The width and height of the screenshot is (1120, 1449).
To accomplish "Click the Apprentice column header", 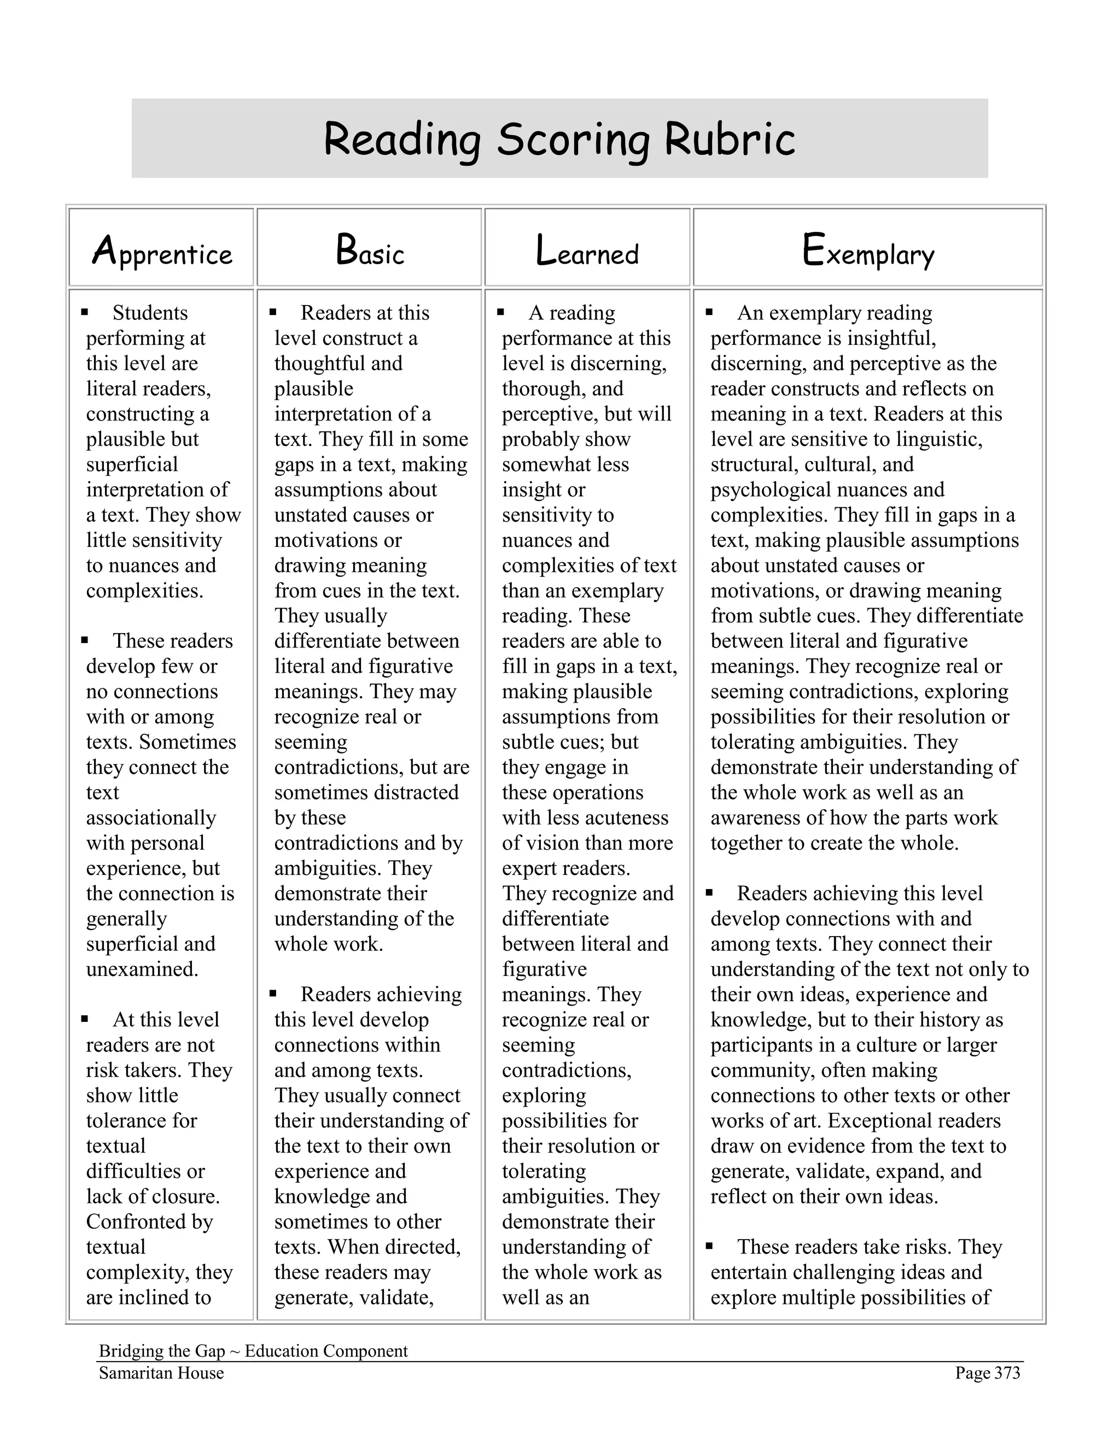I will pyautogui.click(x=162, y=253).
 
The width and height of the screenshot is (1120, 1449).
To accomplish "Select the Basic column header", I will pyautogui.click(x=370, y=252).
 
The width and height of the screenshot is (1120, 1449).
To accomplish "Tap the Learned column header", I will pyautogui.click(x=587, y=252).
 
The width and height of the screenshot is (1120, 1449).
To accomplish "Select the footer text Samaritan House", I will pyautogui.click(x=161, y=1372).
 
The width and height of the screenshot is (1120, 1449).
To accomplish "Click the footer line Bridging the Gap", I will pyautogui.click(x=253, y=1351).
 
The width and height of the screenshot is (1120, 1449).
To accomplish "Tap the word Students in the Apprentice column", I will pyautogui.click(x=150, y=312).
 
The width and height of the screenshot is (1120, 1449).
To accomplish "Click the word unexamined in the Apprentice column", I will pyautogui.click(x=142, y=969).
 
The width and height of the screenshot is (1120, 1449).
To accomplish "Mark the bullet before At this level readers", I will pyautogui.click(x=85, y=1019).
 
